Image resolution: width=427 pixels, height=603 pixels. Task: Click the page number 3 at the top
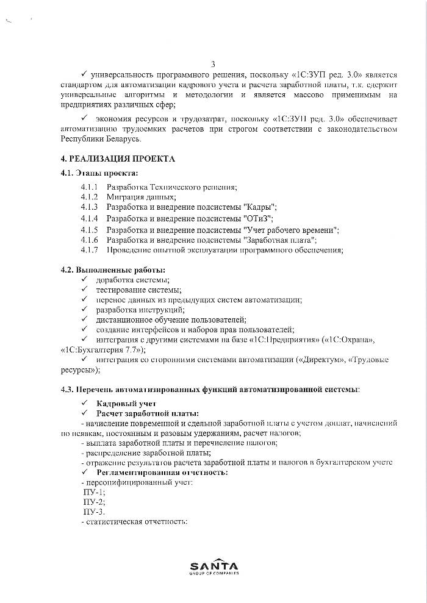coord(213,64)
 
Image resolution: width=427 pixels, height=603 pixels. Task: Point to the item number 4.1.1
coord(89,187)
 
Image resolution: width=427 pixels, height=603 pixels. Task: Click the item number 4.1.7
coord(89,250)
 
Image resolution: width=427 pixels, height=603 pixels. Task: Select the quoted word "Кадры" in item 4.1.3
coord(260,207)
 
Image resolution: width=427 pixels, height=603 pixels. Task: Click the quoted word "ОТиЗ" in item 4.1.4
coord(257,218)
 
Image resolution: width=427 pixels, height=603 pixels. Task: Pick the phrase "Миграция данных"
coord(141,197)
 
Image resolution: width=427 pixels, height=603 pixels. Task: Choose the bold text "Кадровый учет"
coord(126,404)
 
